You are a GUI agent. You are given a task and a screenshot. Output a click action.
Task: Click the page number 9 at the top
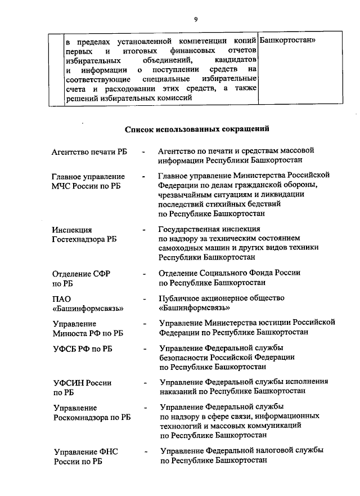196,19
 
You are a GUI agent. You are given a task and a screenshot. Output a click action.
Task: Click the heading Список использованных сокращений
196,129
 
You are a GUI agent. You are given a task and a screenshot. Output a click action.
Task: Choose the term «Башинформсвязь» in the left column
88,309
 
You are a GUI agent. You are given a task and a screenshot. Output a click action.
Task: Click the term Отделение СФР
81,273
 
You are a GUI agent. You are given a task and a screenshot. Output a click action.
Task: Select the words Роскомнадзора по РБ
92,418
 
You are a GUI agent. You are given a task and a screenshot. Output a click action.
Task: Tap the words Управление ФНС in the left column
85,452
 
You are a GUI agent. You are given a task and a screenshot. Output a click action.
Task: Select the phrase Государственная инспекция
209,229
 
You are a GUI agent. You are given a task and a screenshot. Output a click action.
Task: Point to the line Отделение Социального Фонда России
229,272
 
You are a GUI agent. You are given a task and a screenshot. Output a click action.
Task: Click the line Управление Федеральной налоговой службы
241,451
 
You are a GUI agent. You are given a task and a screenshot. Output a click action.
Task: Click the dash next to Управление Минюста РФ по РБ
145,324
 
